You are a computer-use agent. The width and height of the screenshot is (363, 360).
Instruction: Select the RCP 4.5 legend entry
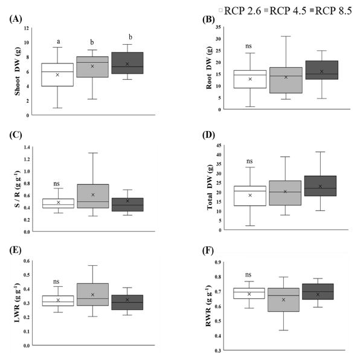288,10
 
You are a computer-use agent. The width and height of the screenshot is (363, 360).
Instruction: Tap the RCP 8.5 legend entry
334,10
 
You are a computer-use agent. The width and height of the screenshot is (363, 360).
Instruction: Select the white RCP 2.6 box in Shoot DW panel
57,75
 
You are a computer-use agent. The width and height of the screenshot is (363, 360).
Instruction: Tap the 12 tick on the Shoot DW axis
27,28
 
